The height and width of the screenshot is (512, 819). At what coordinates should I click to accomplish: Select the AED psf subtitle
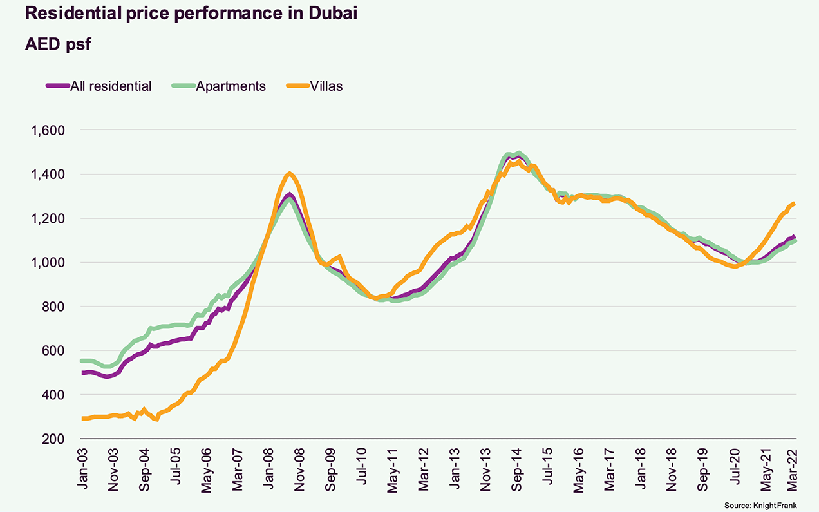pyautogui.click(x=60, y=44)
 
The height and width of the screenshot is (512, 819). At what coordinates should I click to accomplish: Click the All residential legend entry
pyautogui.click(x=110, y=86)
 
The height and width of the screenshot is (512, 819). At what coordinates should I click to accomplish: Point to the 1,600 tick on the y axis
pyautogui.click(x=48, y=131)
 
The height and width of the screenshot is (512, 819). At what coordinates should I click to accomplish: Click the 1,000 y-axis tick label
pyautogui.click(x=48, y=263)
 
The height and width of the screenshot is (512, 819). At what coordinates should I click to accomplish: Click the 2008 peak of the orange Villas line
pyautogui.click(x=290, y=173)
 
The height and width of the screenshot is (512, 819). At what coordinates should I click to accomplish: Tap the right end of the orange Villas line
pyautogui.click(x=795, y=204)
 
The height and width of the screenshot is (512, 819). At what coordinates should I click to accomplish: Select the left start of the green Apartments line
pyautogui.click(x=82, y=361)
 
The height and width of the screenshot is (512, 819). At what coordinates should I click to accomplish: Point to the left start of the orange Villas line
pyautogui.click(x=82, y=419)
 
